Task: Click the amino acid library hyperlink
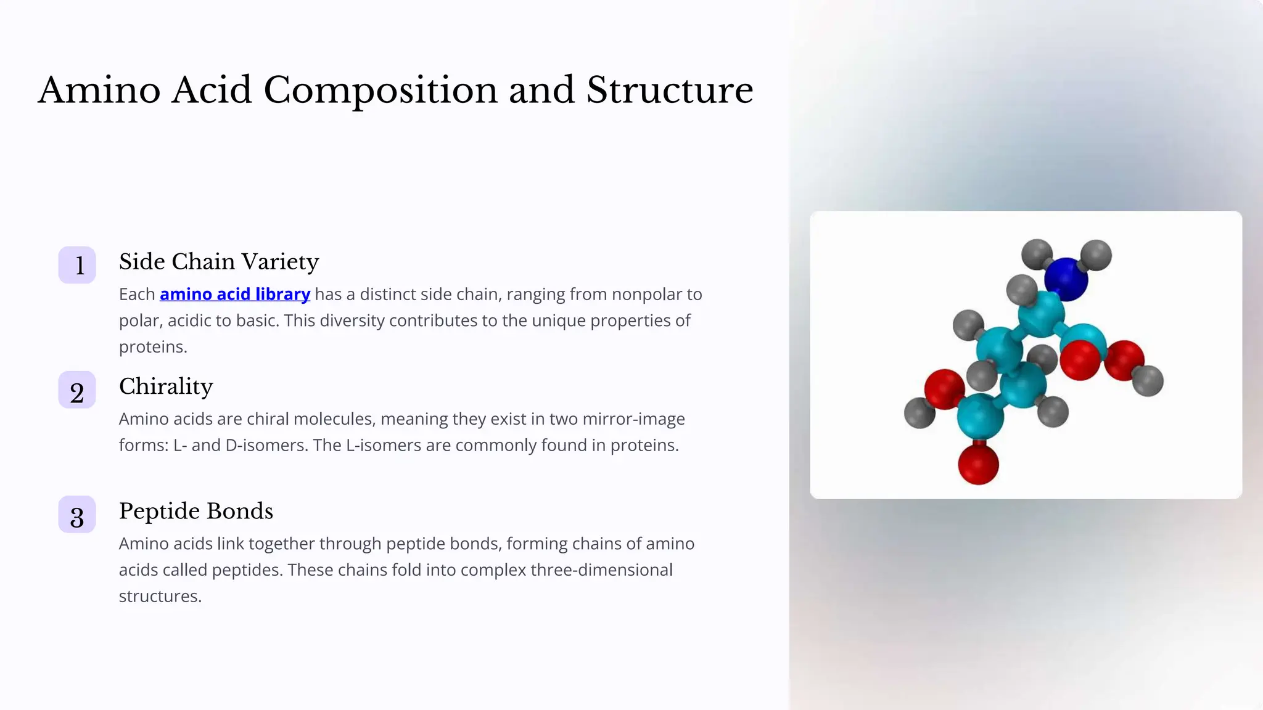[234, 295]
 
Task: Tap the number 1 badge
[77, 265]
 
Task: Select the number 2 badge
[77, 390]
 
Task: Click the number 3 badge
[77, 515]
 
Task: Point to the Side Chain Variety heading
[219, 262]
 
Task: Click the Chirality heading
[166, 386]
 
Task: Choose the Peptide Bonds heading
[195, 511]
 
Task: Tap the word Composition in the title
[381, 90]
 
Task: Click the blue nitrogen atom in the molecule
[1066, 279]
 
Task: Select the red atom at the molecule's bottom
[978, 463]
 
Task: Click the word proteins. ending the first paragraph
[153, 347]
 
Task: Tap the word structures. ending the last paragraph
[160, 597]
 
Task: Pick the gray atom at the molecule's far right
[1148, 380]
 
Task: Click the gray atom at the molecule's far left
[919, 412]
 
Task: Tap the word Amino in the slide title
[99, 90]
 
